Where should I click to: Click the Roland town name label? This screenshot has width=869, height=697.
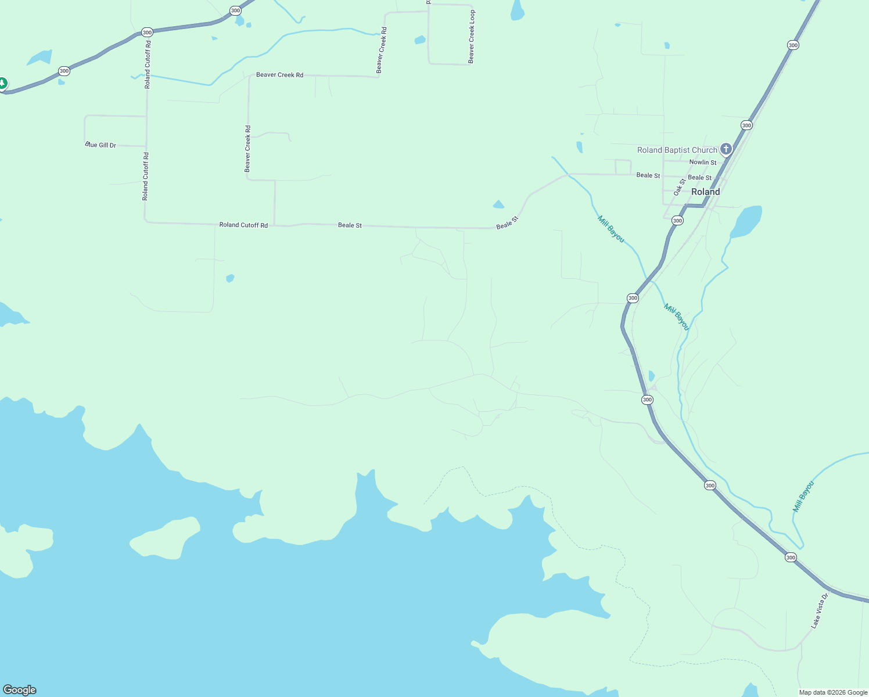coord(705,192)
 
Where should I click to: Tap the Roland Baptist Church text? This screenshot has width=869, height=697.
coord(677,150)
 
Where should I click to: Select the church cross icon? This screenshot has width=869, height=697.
coord(726,149)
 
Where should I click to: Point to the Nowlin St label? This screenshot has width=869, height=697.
coord(703,163)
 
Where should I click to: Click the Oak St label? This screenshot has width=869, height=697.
coord(680,186)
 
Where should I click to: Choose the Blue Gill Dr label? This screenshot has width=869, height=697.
coord(101,145)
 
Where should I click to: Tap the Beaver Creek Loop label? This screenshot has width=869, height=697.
coord(472,37)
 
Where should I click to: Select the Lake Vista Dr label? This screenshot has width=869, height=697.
coord(819,611)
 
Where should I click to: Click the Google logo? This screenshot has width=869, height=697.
coord(20,690)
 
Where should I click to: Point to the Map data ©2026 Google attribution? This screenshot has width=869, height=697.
coord(833,692)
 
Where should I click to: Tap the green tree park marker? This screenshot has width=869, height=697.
coord(2,84)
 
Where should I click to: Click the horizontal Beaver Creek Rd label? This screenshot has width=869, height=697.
coord(279,75)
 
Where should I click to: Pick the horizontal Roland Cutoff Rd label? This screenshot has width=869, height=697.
coord(243,225)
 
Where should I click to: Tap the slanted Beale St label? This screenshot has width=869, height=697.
coord(507,222)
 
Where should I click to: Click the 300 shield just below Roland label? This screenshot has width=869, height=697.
coord(677,221)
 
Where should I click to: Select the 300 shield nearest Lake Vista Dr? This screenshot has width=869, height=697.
coord(791,558)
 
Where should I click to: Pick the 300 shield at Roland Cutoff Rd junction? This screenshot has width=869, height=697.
coord(147,33)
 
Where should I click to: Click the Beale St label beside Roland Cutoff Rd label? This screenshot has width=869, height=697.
coord(350,225)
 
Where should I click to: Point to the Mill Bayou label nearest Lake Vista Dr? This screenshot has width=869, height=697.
coord(803,496)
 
